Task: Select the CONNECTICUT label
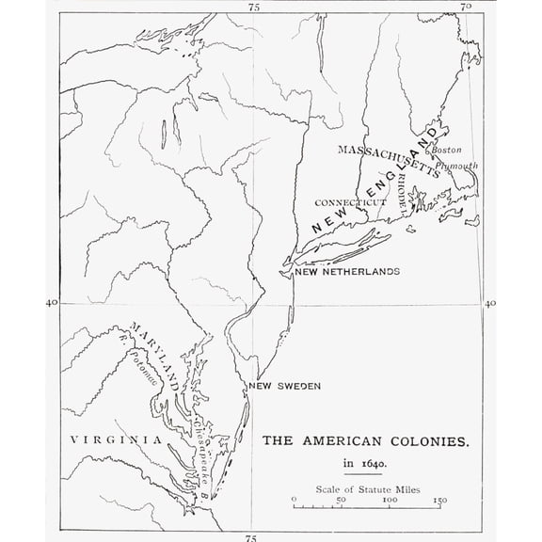click(349, 202)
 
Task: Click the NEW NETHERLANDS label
click(347, 272)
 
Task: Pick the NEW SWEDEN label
click(285, 387)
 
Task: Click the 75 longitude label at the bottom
click(249, 536)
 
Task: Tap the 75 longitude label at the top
click(253, 7)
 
